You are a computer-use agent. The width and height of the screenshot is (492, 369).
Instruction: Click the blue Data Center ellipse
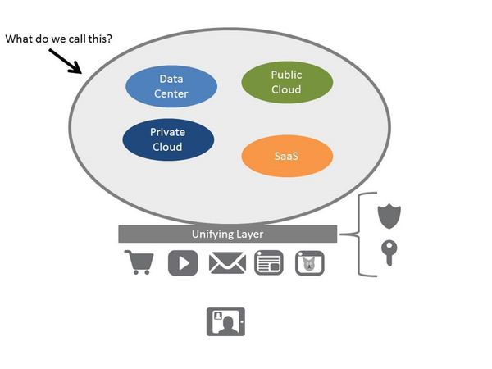point(171,86)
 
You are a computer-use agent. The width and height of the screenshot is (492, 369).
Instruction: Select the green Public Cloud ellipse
point(287,81)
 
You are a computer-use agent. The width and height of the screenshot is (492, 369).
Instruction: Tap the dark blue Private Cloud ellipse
point(167,139)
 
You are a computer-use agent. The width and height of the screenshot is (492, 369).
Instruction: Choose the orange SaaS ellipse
point(287,155)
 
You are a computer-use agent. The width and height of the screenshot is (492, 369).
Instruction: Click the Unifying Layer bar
point(227,234)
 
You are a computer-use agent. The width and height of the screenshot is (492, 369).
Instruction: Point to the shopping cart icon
point(139,262)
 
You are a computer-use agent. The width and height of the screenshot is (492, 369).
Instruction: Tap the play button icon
point(183,262)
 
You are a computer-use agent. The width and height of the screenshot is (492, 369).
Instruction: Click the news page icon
point(269,262)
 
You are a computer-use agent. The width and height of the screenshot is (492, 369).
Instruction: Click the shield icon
point(389,216)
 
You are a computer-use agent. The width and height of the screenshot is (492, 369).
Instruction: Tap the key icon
point(389,253)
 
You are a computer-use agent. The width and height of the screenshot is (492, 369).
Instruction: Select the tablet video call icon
point(225,321)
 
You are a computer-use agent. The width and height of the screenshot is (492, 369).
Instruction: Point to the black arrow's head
point(80,71)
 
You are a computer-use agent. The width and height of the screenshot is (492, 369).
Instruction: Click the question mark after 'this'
point(110,39)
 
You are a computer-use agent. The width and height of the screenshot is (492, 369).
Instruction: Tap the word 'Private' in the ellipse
point(167,132)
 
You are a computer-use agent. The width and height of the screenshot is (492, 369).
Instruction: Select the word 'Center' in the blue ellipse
point(171,93)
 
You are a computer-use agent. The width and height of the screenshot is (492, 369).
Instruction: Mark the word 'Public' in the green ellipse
point(287,75)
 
